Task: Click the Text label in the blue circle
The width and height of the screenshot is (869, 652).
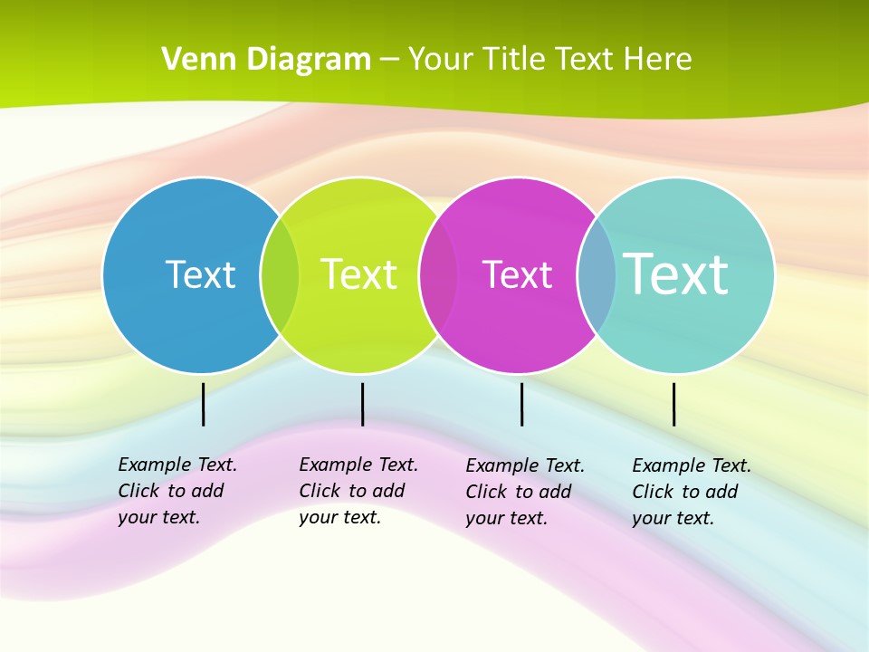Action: pos(200,274)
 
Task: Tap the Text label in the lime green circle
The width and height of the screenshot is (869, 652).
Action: pos(359,274)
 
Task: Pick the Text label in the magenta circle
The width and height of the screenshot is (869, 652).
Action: pos(517,274)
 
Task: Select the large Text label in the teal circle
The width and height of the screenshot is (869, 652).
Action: pos(676,274)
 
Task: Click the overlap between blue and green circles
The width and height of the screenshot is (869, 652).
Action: pos(280,275)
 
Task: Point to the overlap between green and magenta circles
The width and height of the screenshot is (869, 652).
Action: pos(439,275)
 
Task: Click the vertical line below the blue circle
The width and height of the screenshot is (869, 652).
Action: pos(204,404)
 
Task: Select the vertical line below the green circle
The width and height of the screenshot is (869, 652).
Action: pos(362,404)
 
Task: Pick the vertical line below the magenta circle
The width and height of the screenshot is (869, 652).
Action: pos(522,404)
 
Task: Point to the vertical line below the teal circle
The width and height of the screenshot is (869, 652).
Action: pos(673,404)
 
